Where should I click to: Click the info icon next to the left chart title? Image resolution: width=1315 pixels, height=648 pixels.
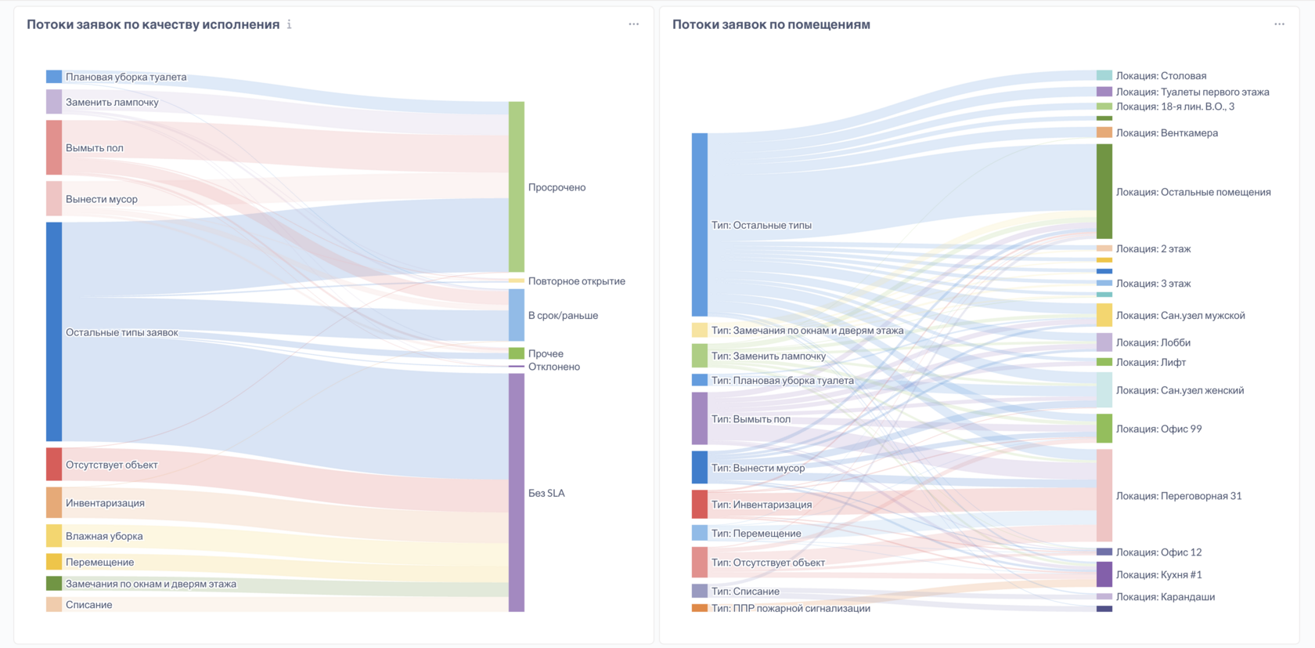click(x=290, y=24)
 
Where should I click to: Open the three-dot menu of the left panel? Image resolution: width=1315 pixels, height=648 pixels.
click(x=633, y=24)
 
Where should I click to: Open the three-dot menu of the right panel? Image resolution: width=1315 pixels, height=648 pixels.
click(x=1279, y=24)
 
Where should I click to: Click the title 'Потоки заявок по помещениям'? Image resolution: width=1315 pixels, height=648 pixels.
click(x=771, y=24)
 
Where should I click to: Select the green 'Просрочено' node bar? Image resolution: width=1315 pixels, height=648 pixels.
click(x=517, y=186)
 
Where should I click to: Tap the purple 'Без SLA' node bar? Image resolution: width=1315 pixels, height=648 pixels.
click(x=517, y=492)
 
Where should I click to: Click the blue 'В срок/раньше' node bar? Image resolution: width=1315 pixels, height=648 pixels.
click(x=517, y=315)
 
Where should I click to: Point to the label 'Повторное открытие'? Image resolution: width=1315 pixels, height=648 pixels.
click(x=576, y=281)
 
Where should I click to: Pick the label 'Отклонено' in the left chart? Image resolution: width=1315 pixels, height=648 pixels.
click(x=553, y=367)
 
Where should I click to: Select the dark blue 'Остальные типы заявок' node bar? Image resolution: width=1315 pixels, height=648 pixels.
click(x=54, y=331)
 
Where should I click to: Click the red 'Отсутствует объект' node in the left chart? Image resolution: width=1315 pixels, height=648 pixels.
click(x=54, y=464)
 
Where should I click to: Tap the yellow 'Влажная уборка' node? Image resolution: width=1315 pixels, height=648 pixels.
click(x=54, y=536)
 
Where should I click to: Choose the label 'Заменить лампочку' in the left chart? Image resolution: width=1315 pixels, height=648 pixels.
click(x=112, y=102)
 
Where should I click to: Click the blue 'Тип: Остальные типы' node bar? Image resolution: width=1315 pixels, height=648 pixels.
click(x=700, y=225)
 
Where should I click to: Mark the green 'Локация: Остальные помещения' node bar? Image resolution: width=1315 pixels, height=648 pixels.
click(x=1104, y=191)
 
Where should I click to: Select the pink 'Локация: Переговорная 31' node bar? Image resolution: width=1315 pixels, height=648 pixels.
click(x=1104, y=495)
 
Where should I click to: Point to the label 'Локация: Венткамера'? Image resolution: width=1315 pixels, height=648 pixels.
click(x=1166, y=133)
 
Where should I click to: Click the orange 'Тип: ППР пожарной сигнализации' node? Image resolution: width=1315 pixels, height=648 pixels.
click(x=700, y=608)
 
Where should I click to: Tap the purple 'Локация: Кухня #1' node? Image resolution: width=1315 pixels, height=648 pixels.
click(x=1104, y=574)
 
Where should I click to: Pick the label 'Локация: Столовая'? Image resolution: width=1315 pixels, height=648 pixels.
click(x=1161, y=76)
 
